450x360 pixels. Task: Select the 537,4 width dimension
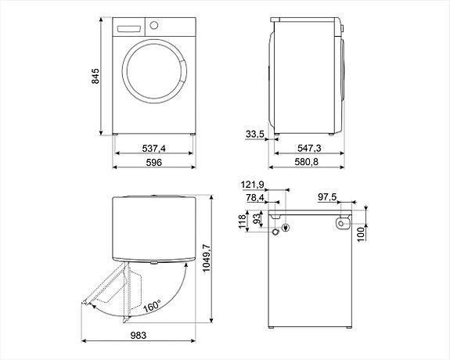pyautogui.click(x=153, y=148)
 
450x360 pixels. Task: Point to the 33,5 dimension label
pyautogui.click(x=254, y=135)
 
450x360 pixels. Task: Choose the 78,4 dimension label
pyautogui.click(x=255, y=199)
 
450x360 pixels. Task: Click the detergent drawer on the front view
pyautogui.click(x=128, y=27)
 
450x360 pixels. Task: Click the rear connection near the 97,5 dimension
pyautogui.click(x=342, y=225)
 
